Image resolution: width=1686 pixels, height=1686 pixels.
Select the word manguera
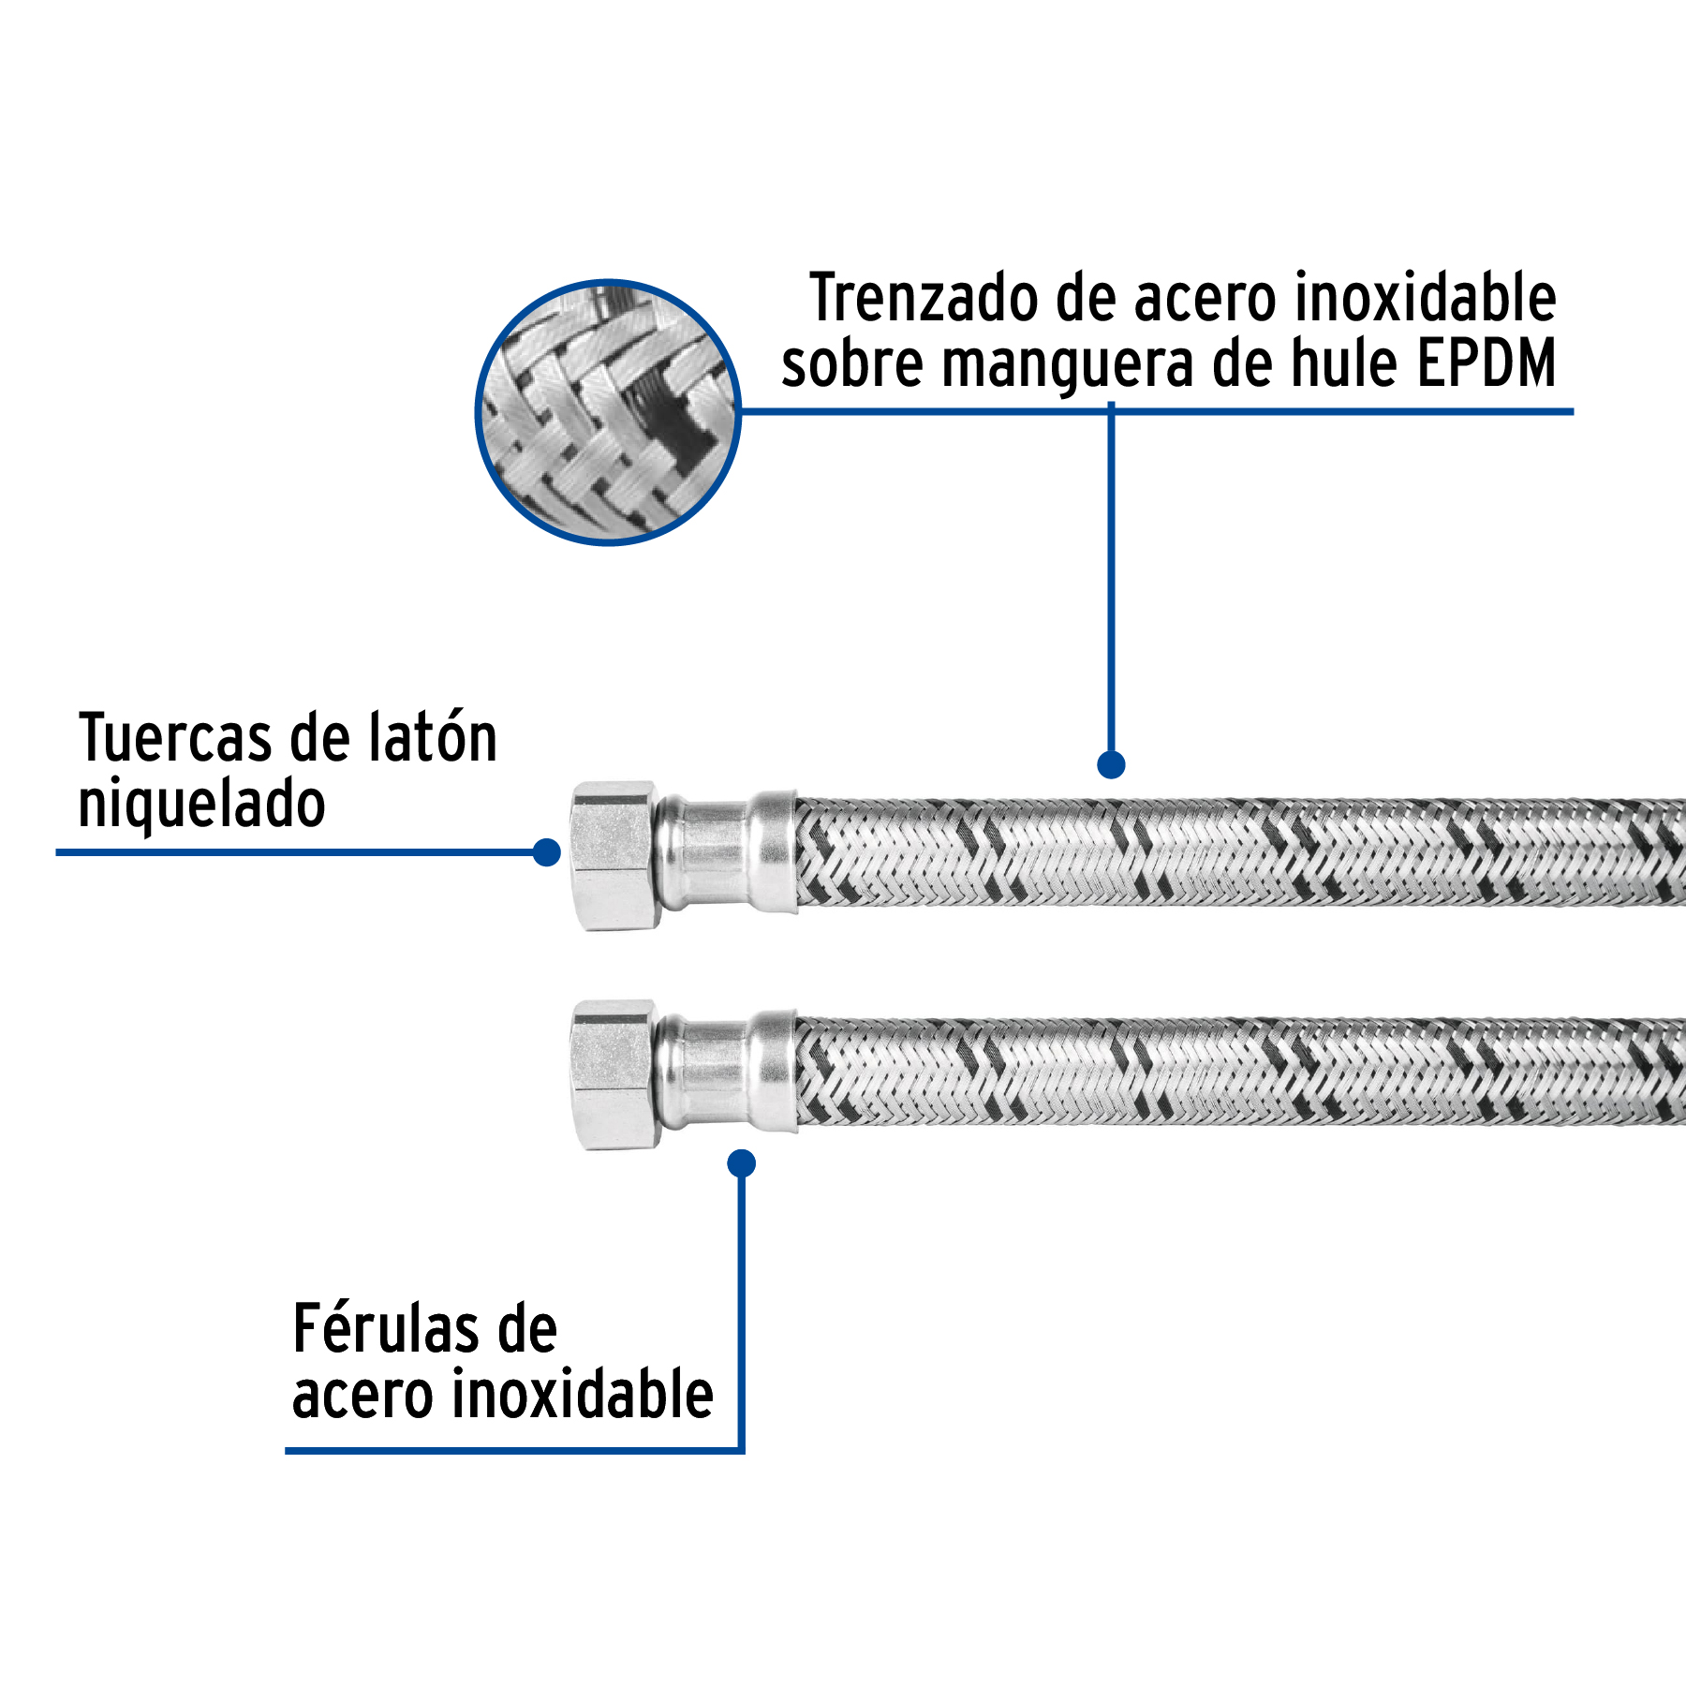coord(1068,365)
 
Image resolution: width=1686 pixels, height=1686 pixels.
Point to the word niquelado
coord(201,806)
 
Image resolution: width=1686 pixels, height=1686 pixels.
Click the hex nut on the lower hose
coord(614,1074)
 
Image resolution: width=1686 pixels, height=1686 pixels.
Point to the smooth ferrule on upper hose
coord(726,853)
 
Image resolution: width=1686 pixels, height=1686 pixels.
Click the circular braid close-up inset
coord(608,412)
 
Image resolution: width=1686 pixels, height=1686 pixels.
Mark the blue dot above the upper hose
coord(1111,764)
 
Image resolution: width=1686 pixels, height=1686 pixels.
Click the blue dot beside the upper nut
coord(546,852)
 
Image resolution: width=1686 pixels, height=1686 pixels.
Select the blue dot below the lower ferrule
coord(741,1163)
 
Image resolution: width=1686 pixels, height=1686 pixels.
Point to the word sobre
coord(852,365)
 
